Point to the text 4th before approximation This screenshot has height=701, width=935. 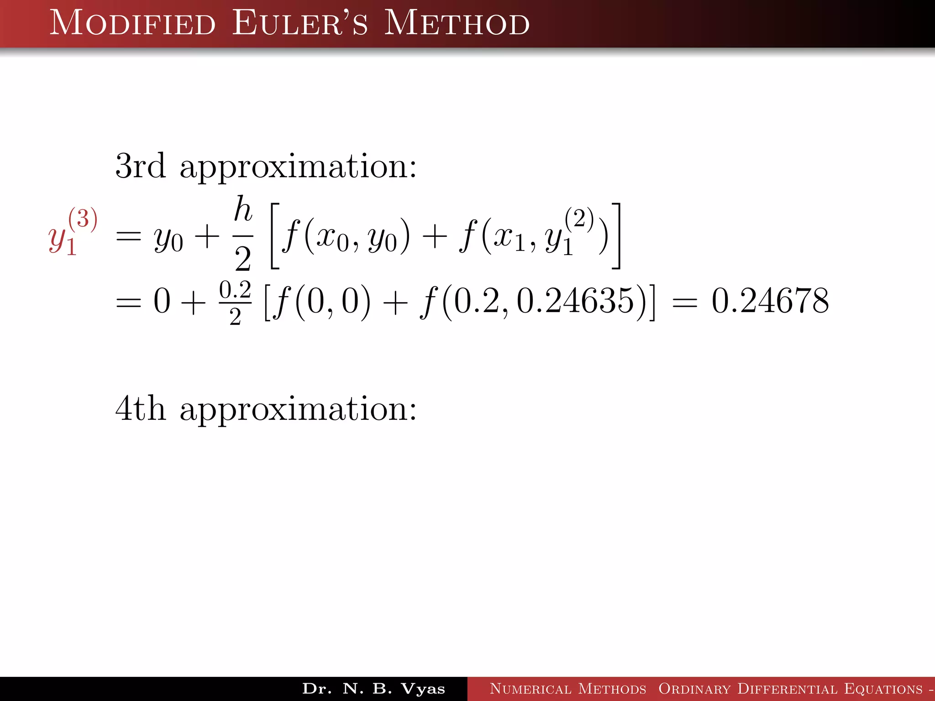(x=140, y=408)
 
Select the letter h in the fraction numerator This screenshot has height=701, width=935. (x=243, y=209)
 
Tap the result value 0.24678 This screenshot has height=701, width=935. (x=770, y=301)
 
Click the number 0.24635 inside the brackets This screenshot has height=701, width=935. (x=575, y=301)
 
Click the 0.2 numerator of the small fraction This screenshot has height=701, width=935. (x=235, y=290)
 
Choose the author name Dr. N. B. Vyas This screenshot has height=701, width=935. (x=373, y=689)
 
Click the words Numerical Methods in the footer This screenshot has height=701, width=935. (x=568, y=689)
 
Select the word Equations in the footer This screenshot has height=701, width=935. (x=883, y=689)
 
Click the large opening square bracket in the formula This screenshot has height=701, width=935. (x=275, y=236)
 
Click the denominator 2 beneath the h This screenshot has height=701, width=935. (x=243, y=259)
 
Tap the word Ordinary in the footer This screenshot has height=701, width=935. (x=694, y=689)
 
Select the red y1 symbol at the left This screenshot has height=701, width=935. (x=61, y=240)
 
